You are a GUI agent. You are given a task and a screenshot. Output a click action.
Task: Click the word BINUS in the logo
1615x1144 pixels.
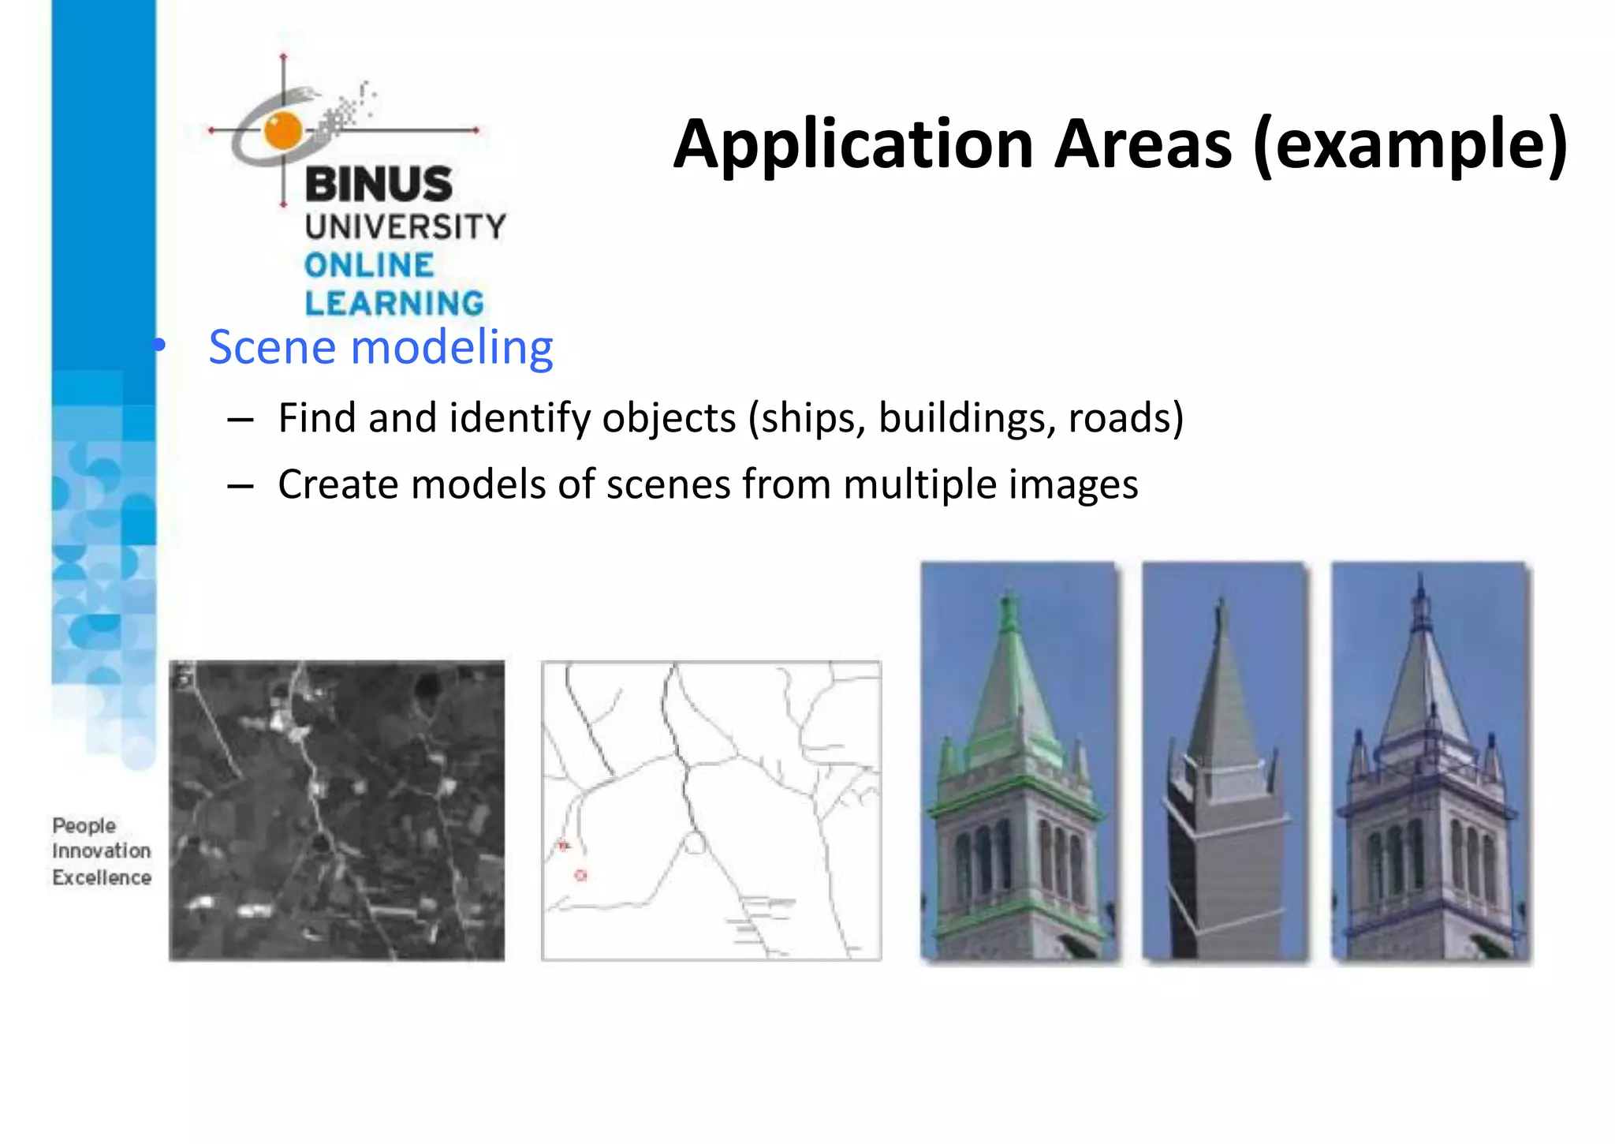(379, 185)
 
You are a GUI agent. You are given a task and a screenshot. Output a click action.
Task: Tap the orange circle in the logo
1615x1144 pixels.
(283, 130)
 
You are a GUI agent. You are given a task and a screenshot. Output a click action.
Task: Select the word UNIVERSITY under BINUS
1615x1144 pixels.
(405, 227)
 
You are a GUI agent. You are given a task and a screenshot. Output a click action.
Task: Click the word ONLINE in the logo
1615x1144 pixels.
(369, 266)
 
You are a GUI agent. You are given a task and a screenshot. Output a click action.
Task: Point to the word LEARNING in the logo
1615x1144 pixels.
(394, 304)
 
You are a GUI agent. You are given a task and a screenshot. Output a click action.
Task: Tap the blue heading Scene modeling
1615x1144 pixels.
(381, 347)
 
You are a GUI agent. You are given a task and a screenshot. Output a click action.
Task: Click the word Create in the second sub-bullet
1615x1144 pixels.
(338, 484)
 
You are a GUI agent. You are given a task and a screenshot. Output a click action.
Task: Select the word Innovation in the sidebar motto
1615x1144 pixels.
(102, 851)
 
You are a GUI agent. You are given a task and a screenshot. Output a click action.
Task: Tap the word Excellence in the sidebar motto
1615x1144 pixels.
(102, 877)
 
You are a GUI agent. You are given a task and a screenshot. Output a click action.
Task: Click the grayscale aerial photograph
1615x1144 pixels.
(337, 810)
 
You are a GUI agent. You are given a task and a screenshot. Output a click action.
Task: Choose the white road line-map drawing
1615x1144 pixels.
(711, 810)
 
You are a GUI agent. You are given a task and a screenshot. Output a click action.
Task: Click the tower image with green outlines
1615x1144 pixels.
(1019, 762)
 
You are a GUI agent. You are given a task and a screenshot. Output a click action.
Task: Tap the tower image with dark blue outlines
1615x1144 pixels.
(1430, 762)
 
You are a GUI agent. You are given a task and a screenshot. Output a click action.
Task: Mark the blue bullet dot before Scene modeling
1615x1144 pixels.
(160, 346)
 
